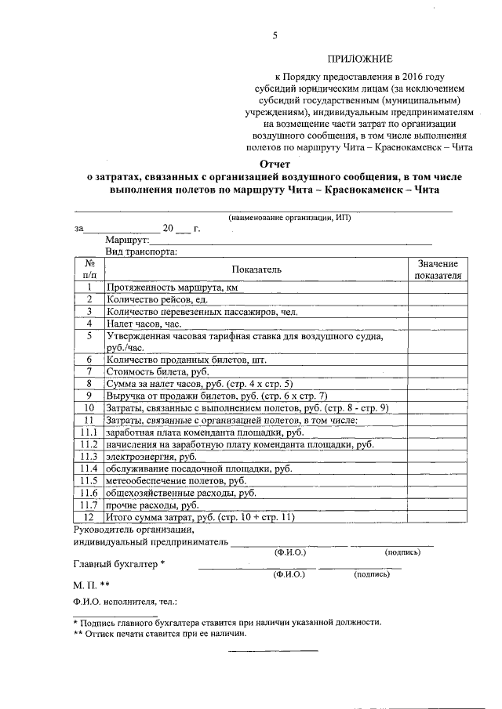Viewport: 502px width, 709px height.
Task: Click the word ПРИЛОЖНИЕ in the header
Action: pyautogui.click(x=360, y=59)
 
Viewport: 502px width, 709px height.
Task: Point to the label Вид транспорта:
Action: pyautogui.click(x=140, y=251)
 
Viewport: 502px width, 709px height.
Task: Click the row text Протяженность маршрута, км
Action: pyautogui.click(x=172, y=288)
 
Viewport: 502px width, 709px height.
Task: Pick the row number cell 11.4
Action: pyautogui.click(x=89, y=468)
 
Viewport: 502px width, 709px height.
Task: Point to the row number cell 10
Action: pyautogui.click(x=89, y=408)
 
